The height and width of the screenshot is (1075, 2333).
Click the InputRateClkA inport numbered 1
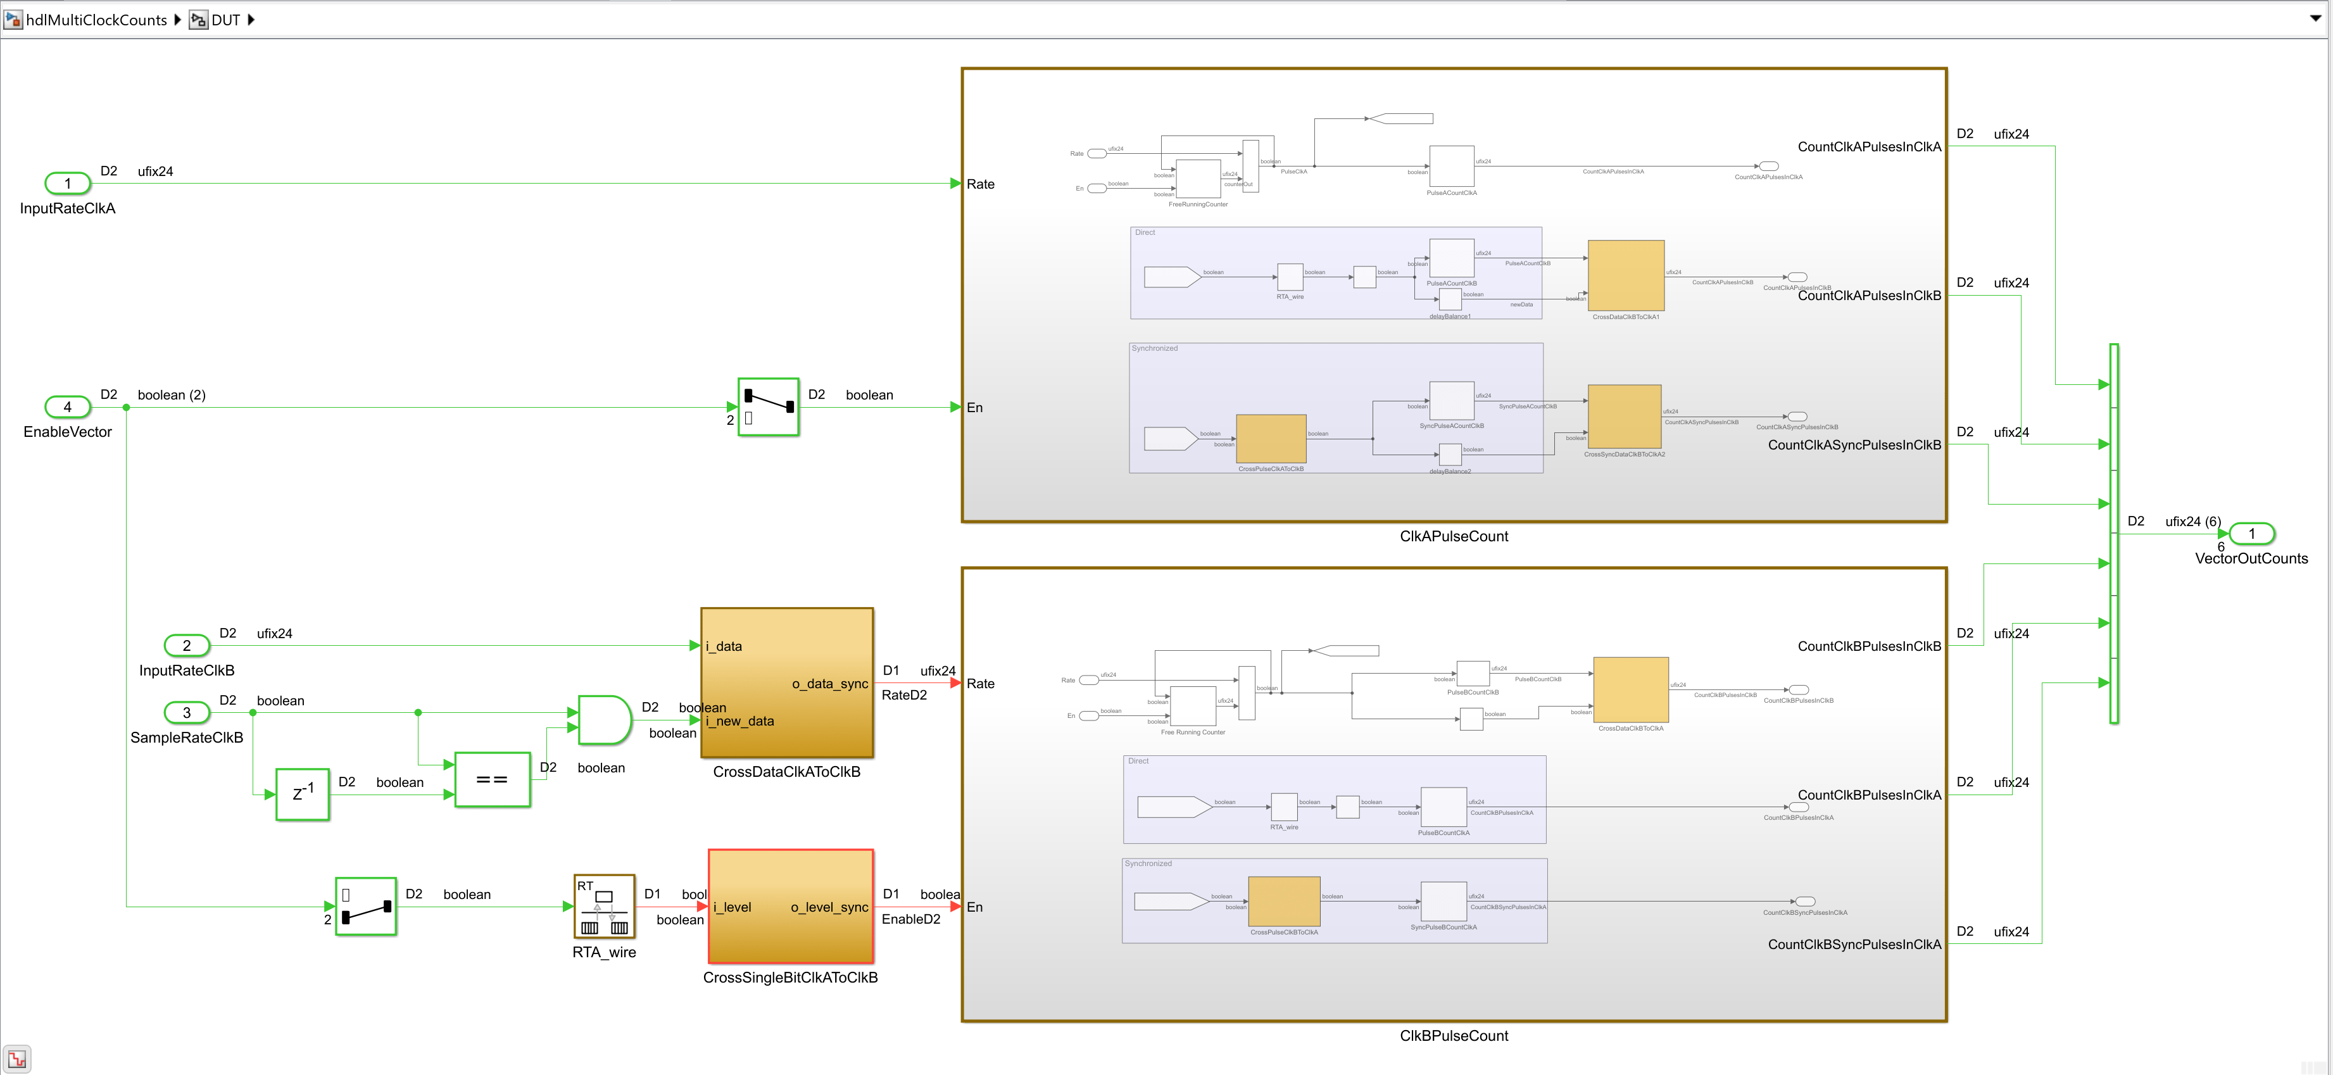click(68, 184)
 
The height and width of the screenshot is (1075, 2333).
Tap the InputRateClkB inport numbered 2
click(187, 646)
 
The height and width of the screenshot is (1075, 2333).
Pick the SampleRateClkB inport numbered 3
click(187, 713)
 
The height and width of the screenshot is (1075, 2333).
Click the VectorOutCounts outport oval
click(2251, 534)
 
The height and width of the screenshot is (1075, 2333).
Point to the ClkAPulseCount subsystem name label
click(1454, 536)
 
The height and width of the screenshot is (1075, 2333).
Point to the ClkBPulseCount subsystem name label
click(1454, 1036)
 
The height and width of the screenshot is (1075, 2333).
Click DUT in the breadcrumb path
click(225, 20)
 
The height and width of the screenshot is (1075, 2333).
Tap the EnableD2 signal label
click(910, 919)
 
